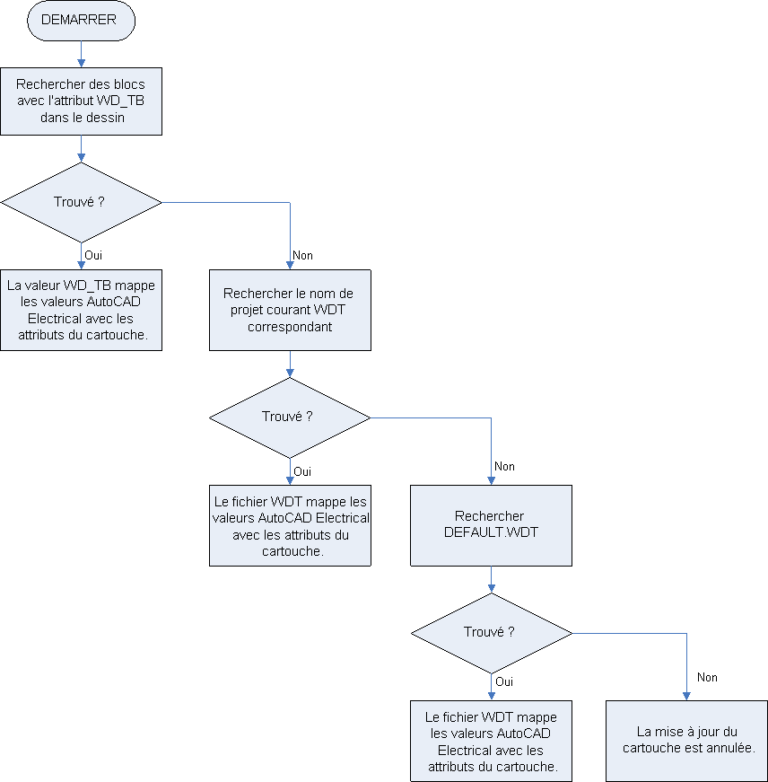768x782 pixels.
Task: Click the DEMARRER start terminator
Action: [x=81, y=20]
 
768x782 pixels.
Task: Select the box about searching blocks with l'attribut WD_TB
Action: [x=81, y=101]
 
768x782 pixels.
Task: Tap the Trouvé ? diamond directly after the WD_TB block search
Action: [x=81, y=202]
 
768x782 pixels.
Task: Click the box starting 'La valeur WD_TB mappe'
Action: [x=81, y=310]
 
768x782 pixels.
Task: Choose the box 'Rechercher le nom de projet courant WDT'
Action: [x=290, y=310]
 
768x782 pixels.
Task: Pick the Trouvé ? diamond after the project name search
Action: [x=290, y=417]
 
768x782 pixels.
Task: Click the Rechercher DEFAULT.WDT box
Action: [x=491, y=525]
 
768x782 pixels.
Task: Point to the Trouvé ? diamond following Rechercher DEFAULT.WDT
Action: [x=491, y=632]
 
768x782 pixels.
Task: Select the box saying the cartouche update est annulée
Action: [x=686, y=741]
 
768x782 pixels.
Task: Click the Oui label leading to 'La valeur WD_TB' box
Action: [x=93, y=255]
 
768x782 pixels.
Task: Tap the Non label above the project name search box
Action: [x=303, y=255]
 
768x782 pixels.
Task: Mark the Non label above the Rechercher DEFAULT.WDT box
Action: [x=504, y=467]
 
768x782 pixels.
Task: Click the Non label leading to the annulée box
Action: [x=707, y=678]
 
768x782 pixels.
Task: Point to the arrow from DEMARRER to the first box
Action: [x=81, y=54]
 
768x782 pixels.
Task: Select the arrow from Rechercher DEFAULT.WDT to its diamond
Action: [x=491, y=580]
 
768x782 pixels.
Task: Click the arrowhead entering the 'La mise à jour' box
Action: [x=686, y=696]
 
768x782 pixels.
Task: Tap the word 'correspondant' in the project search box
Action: [x=290, y=327]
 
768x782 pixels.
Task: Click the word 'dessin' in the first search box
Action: [x=107, y=117]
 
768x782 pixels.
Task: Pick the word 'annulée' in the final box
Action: [x=731, y=748]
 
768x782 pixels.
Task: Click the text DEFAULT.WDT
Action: [x=491, y=532]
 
